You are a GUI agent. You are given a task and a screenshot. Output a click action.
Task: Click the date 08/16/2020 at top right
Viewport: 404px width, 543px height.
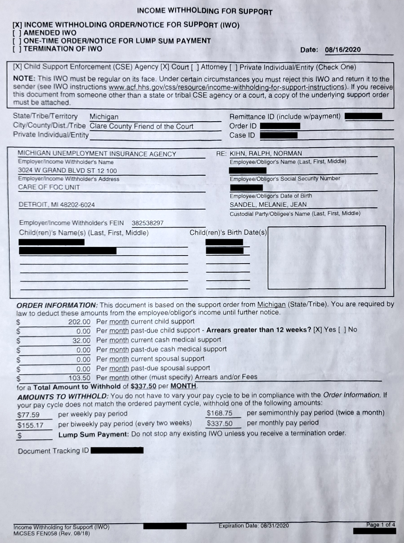[342, 50]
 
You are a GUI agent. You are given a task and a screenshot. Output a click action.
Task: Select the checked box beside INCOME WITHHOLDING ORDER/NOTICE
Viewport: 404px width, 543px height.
[17, 25]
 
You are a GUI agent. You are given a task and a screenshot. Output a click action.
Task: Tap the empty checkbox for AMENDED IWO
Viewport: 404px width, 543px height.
[17, 33]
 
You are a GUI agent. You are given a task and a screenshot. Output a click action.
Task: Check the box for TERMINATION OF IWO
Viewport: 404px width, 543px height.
[17, 49]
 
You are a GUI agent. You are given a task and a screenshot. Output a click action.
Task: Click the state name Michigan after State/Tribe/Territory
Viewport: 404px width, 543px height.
[104, 117]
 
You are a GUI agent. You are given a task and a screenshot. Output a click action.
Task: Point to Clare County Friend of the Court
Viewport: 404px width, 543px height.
[141, 127]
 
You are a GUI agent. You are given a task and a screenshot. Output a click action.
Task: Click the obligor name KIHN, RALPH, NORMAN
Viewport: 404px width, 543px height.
[266, 154]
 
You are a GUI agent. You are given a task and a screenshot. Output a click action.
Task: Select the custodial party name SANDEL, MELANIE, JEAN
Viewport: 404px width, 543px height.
[268, 205]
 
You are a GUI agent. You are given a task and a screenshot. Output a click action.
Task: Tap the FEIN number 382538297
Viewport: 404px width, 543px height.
[147, 223]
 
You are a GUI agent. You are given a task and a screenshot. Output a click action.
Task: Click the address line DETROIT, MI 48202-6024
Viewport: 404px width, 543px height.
[56, 205]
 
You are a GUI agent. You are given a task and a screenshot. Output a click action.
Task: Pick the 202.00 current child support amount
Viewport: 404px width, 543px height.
[79, 322]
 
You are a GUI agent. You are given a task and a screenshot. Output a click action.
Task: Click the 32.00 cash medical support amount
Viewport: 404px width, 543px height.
[82, 340]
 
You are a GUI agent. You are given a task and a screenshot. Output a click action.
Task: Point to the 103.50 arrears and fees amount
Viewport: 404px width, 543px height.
[79, 377]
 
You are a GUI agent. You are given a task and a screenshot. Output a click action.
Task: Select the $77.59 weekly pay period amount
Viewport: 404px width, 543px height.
[28, 415]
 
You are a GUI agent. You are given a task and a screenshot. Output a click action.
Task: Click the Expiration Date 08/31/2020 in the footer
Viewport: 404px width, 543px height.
[254, 526]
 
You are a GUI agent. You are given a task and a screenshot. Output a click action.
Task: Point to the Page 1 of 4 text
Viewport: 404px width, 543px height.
[381, 525]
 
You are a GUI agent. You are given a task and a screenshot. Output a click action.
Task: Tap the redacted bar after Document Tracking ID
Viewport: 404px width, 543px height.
[117, 450]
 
